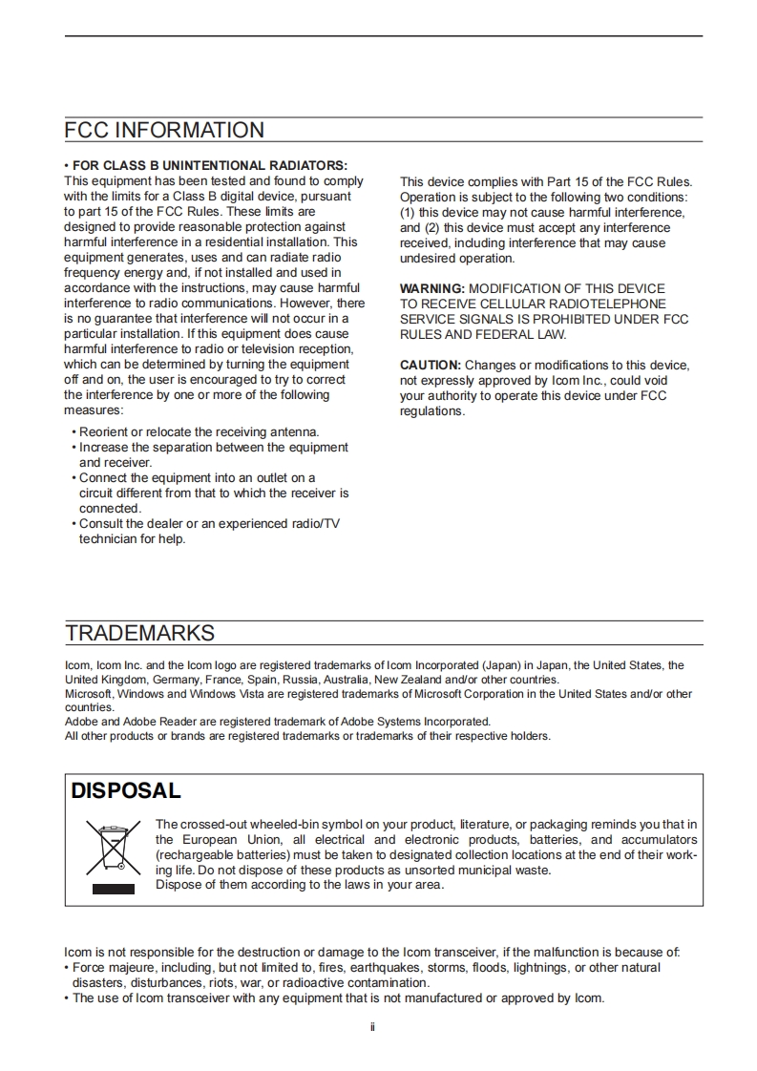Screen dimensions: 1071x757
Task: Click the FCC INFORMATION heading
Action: tap(164, 131)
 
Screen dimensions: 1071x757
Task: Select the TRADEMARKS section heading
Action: tap(139, 633)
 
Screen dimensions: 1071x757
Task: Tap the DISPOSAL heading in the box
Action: tap(125, 790)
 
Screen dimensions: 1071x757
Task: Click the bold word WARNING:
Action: tap(431, 288)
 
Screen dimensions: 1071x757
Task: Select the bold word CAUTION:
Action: tap(430, 366)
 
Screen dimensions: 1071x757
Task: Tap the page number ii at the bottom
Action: tap(372, 1028)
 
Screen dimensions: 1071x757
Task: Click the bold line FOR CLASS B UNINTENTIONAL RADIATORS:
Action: tap(209, 165)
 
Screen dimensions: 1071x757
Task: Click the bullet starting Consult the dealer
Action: tap(209, 524)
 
